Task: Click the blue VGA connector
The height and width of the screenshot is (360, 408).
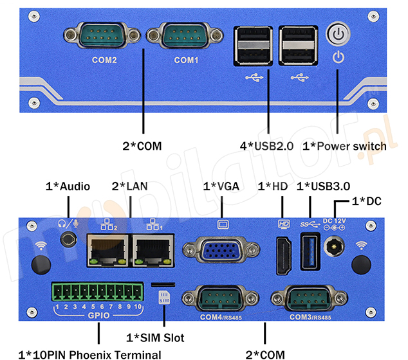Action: [x=221, y=251]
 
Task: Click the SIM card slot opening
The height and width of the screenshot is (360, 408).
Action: [x=163, y=283]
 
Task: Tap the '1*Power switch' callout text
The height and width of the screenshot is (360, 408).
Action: [x=344, y=147]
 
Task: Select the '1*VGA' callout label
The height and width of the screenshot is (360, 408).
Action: [x=221, y=186]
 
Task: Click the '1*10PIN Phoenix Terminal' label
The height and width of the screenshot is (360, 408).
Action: [x=89, y=354]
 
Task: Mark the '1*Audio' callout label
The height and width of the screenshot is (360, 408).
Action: [x=68, y=186]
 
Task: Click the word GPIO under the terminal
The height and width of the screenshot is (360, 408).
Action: [x=98, y=316]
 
